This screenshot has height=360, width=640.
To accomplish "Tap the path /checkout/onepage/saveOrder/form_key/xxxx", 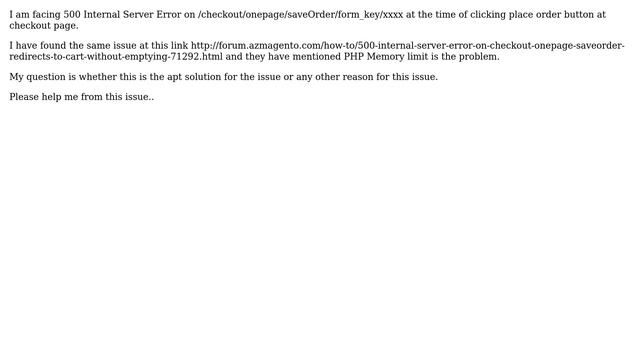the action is click(x=300, y=15).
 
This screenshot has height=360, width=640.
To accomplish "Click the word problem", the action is click(x=478, y=57).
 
